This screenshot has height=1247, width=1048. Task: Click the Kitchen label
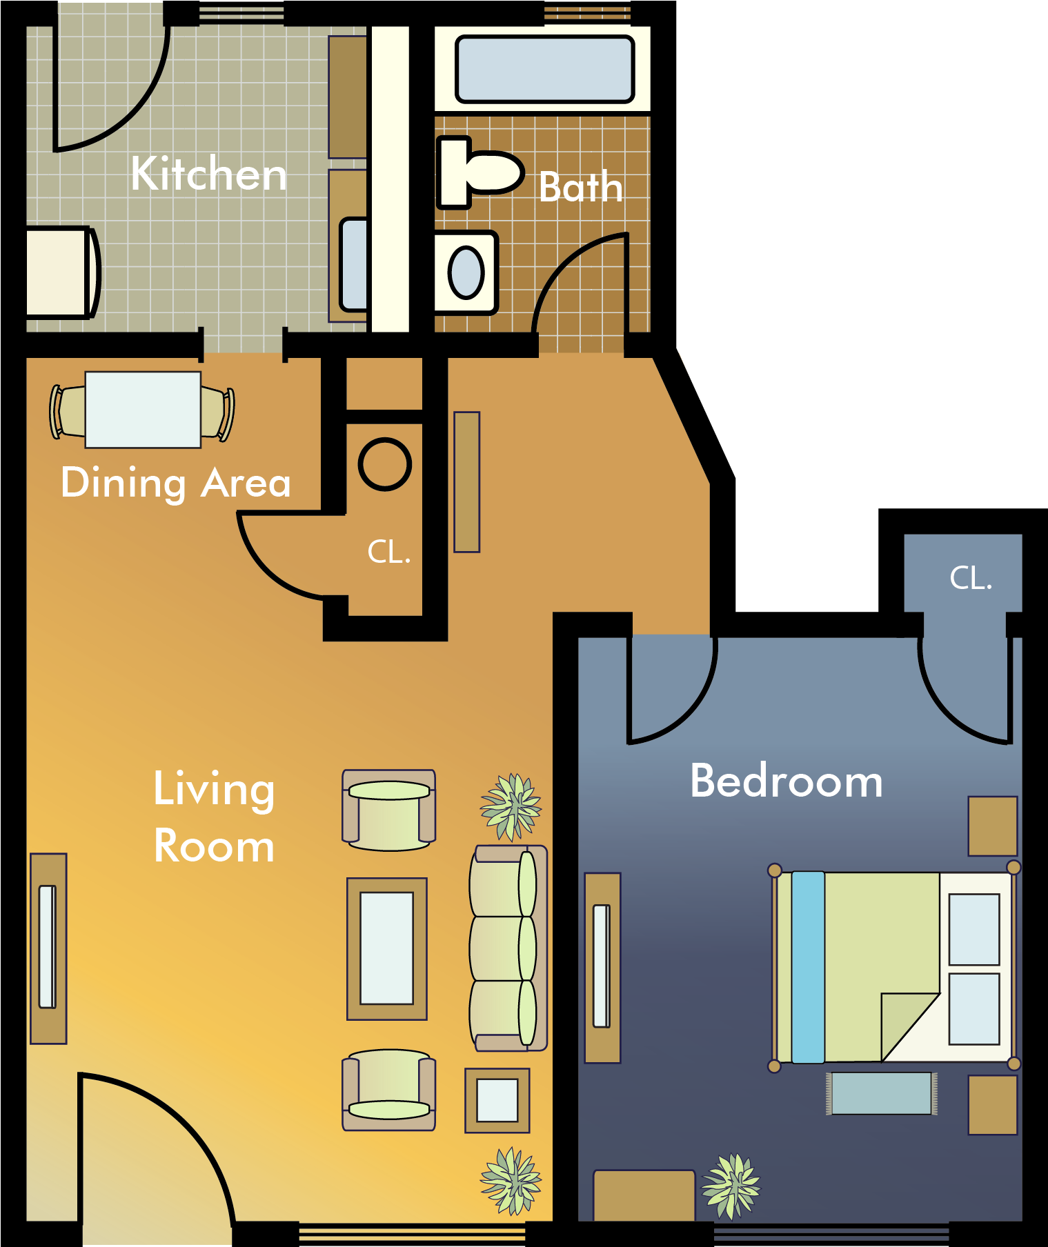coord(208,174)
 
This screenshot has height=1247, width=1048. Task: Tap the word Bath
coord(580,188)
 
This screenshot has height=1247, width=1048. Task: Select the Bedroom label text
coord(786,781)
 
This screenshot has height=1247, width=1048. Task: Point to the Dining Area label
coord(175,482)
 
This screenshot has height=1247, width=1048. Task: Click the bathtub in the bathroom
coord(544,70)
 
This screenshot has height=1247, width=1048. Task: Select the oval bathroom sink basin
coord(466,272)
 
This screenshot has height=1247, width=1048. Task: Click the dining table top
coord(143,410)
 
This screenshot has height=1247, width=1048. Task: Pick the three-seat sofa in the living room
coord(507,948)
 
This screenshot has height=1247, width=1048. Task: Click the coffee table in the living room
coord(386,948)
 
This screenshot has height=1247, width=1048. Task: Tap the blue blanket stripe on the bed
coord(808,967)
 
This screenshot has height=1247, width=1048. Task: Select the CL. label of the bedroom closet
coord(970,578)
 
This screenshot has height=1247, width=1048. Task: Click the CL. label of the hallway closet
coord(389,552)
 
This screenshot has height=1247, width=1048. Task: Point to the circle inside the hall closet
coord(385,465)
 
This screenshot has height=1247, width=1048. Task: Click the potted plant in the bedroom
coord(731,1186)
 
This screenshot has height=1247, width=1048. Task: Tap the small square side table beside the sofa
coord(497,1100)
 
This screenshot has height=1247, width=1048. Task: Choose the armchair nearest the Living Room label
coord(389,810)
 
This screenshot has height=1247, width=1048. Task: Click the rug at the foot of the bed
coord(881,1093)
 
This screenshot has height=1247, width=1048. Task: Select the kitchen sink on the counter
coord(354,265)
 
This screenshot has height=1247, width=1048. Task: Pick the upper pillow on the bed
coord(973,929)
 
